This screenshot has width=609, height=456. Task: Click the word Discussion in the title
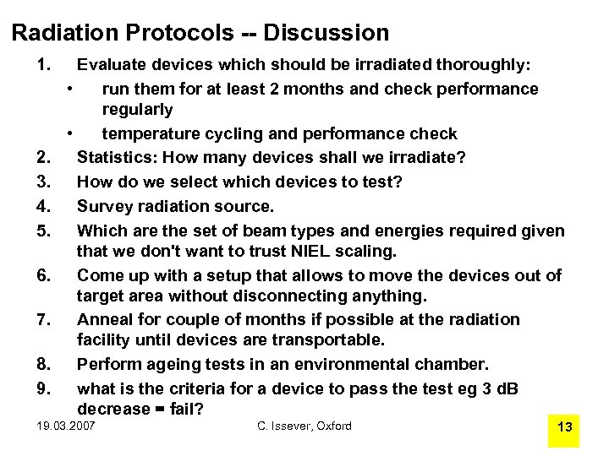click(326, 33)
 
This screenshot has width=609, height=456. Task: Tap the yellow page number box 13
click(565, 427)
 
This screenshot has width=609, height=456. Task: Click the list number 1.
click(45, 64)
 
